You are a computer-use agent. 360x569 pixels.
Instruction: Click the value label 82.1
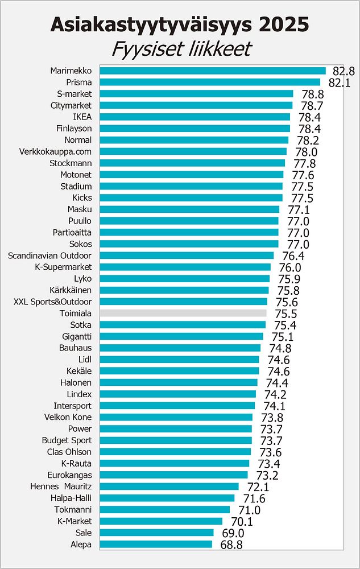(x=338, y=83)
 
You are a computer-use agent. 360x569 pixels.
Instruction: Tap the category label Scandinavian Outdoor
(x=49, y=255)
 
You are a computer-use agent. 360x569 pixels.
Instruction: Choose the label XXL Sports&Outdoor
(x=52, y=302)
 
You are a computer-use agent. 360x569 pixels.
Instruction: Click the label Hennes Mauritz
(x=61, y=486)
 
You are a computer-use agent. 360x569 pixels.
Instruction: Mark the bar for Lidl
(x=179, y=359)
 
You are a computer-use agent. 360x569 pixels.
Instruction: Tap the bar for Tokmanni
(x=164, y=509)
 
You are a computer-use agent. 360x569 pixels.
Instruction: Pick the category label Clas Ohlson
(x=69, y=452)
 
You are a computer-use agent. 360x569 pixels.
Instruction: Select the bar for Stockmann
(x=192, y=163)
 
